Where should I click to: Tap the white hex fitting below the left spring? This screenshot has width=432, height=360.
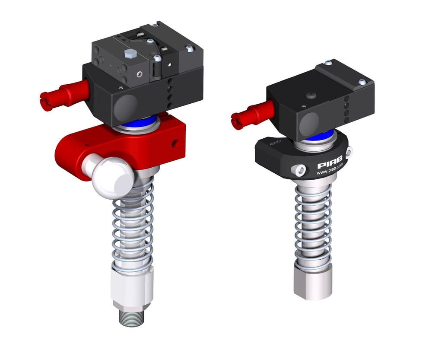132,287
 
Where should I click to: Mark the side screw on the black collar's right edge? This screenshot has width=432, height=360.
349,152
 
